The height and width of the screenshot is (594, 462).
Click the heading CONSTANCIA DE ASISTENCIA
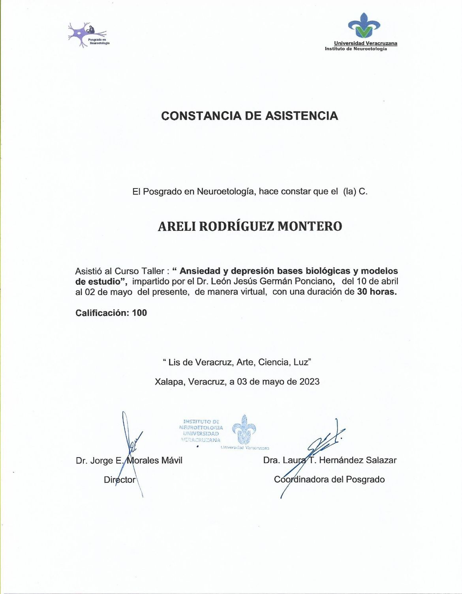pos(250,116)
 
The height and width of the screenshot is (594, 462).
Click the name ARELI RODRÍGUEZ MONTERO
pos(250,226)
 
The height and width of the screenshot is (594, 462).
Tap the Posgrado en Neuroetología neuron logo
pos(88,35)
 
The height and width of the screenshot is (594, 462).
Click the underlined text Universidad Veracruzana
pos(365,43)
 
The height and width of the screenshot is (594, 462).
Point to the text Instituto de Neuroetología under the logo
pos(356,49)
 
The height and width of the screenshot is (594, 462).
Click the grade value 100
pos(139,313)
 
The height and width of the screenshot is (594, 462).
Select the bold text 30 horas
pos(377,292)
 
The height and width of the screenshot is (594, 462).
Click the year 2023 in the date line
pos(309,382)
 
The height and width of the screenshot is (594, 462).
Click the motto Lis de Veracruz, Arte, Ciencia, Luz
pos(237,362)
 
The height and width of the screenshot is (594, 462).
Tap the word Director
pos(119,480)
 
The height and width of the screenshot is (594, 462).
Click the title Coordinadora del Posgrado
pos(329,480)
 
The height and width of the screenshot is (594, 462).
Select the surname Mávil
pos(172,461)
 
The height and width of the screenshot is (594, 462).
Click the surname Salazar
pos(381,460)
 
